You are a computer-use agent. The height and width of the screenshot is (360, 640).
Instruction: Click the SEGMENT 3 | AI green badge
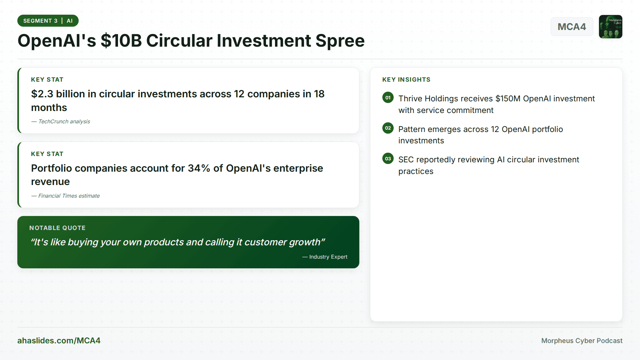click(48, 21)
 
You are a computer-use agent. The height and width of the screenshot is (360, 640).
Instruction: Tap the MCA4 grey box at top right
click(572, 27)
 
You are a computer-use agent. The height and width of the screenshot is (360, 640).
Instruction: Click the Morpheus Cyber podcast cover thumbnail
click(610, 27)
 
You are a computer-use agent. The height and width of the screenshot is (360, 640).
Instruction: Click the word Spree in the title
click(340, 41)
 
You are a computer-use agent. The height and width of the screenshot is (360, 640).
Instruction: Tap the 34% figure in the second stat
click(199, 168)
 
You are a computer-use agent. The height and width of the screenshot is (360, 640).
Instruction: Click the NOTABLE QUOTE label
click(57, 228)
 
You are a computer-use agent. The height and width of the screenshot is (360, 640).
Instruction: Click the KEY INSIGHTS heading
click(406, 80)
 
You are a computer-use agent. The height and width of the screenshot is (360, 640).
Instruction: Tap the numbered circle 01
click(388, 98)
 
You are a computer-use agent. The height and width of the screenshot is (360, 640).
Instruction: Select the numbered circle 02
click(388, 128)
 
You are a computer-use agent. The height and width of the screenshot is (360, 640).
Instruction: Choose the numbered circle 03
click(388, 159)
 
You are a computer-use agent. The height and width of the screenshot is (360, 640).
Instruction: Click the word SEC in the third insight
click(406, 160)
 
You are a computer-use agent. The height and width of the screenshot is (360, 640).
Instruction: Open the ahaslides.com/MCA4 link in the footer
click(59, 341)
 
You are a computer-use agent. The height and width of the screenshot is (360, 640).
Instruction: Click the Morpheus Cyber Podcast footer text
click(582, 341)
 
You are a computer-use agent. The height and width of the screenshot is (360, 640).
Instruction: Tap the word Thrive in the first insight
click(410, 99)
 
